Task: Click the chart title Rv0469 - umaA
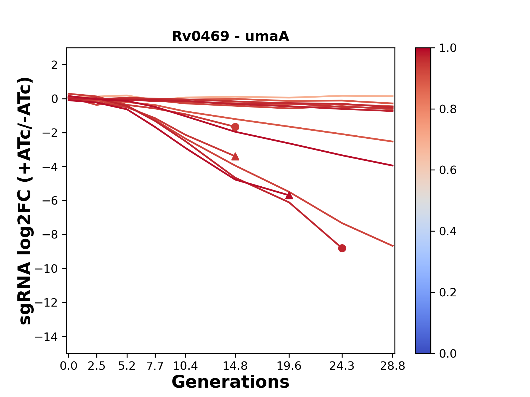[x=230, y=36]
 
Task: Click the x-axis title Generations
[x=230, y=382]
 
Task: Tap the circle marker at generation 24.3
[x=342, y=248]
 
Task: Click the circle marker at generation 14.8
[x=235, y=127]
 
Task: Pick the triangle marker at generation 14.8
[x=235, y=157]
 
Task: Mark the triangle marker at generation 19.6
[x=289, y=195]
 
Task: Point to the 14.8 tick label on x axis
[x=235, y=366]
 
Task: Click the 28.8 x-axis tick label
[x=393, y=366]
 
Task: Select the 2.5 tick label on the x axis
[x=97, y=366]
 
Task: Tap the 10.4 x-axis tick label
[x=185, y=366]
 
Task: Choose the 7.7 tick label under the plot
[x=155, y=366]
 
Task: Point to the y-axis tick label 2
[x=55, y=65]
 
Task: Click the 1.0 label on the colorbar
[x=448, y=48]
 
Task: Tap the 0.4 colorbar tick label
[x=448, y=231]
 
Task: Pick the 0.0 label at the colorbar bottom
[x=448, y=353]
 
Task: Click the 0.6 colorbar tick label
[x=448, y=170]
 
